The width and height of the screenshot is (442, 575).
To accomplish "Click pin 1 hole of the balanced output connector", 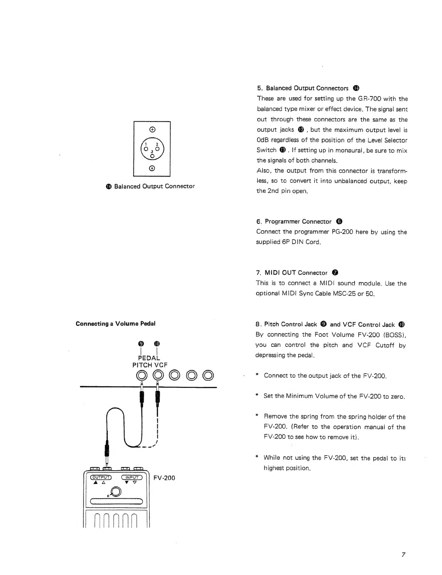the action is (146, 149).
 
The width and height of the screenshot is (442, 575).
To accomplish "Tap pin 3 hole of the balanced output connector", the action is (152, 156).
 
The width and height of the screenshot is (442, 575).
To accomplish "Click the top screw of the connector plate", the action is (152, 130).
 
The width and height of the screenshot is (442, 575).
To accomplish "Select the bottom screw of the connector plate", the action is (152, 168).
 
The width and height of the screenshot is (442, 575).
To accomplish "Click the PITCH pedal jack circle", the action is (142, 375).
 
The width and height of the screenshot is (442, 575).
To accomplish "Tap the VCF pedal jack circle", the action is (158, 375).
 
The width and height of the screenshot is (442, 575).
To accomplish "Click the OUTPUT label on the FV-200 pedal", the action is (101, 477).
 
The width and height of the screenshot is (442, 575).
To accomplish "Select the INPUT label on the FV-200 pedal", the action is (132, 477).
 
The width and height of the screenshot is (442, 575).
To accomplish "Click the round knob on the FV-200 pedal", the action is (116, 492).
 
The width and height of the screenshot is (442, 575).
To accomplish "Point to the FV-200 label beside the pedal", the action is (164, 477).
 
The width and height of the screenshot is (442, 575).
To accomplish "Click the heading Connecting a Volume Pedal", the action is (115, 323).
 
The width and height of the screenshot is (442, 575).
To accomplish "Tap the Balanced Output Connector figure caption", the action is (150, 186).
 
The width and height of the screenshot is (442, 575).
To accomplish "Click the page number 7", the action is (403, 554).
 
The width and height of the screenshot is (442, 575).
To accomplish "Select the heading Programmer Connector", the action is (298, 222).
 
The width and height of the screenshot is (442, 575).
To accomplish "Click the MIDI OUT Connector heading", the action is (296, 272).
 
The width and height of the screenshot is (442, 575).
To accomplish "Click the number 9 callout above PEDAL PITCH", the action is (141, 344).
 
